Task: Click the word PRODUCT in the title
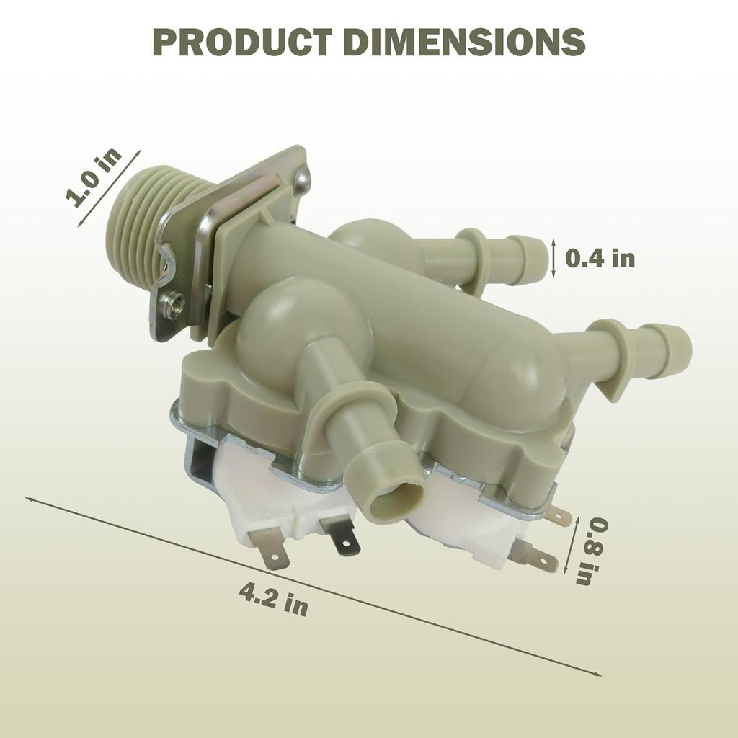coord(243,43)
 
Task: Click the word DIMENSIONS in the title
coord(465,43)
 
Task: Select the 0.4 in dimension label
coord(600,259)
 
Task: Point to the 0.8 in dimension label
coord(592,551)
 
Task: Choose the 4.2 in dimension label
coord(273,599)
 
